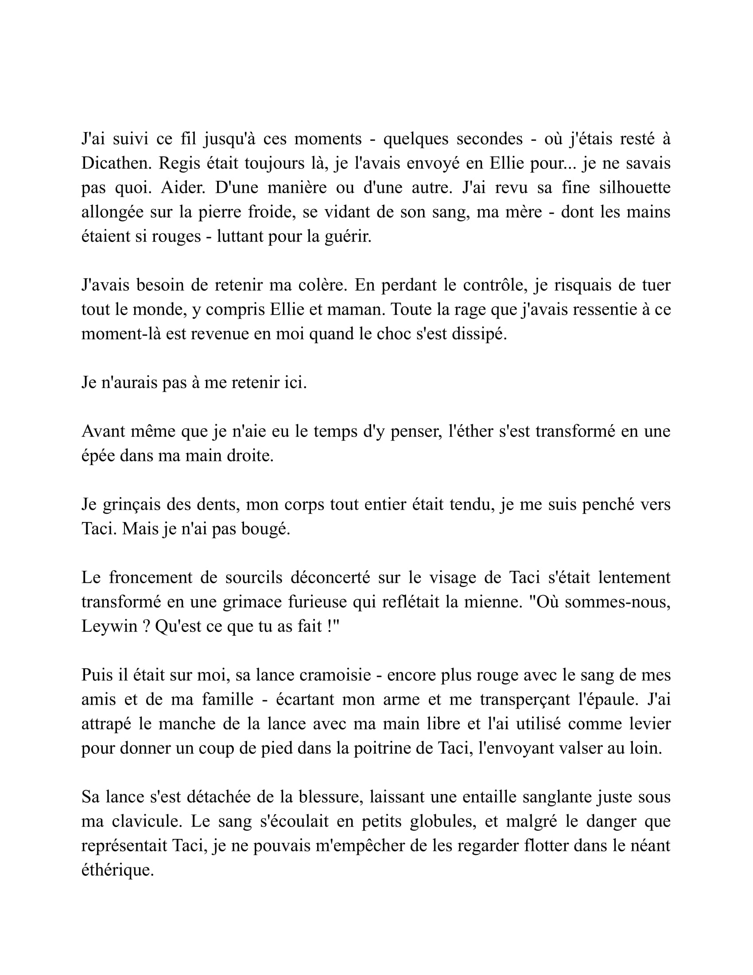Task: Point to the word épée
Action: pos(98,456)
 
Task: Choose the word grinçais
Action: pos(131,504)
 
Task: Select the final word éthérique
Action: pos(117,870)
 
